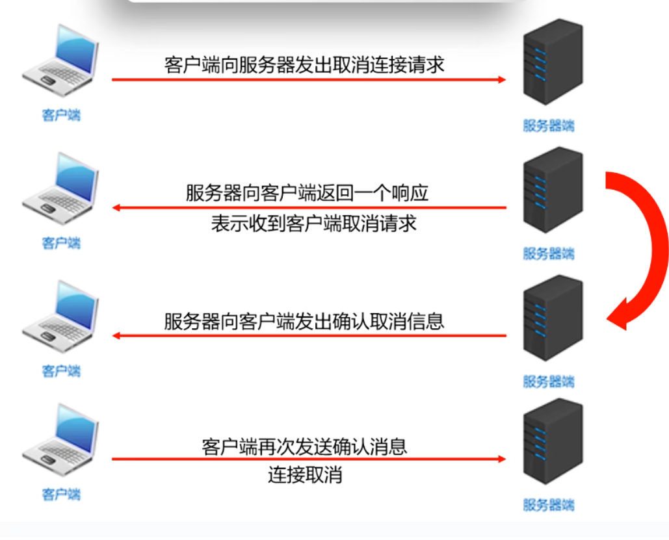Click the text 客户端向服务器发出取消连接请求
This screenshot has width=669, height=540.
304,65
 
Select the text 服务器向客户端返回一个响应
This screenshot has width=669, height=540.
307,194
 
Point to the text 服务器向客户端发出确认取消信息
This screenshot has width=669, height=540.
304,322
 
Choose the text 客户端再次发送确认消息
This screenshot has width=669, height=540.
304,447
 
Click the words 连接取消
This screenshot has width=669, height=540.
305,475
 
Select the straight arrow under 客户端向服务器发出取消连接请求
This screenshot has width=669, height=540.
308,80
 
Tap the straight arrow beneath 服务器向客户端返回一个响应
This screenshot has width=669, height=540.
309,209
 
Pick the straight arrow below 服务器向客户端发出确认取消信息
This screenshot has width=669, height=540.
309,336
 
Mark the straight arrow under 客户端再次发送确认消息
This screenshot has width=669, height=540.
308,459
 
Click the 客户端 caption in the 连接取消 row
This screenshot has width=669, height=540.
61,495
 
